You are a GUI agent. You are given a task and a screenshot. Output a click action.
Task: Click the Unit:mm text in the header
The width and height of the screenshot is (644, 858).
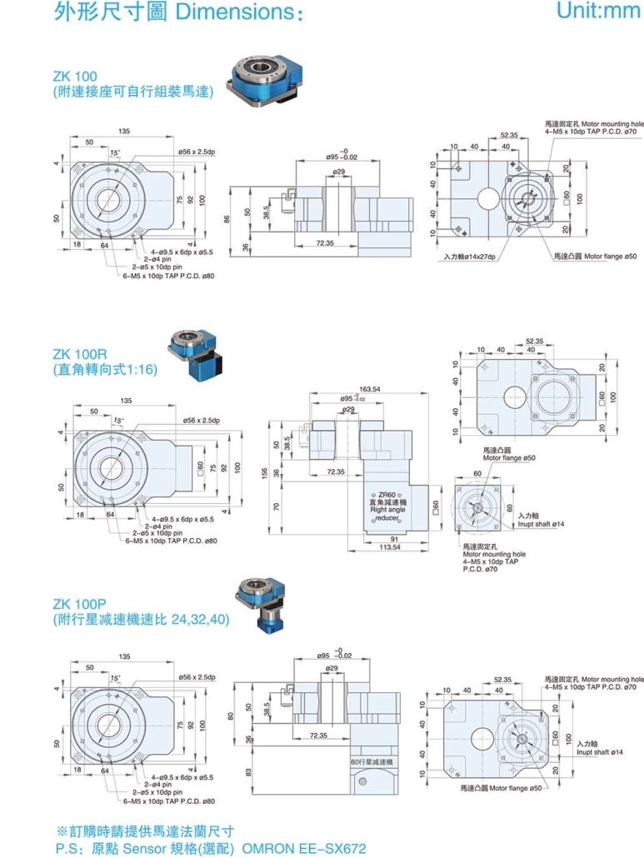pyautogui.click(x=596, y=11)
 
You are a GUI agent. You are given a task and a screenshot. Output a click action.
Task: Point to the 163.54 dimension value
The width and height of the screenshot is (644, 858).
pyautogui.click(x=369, y=389)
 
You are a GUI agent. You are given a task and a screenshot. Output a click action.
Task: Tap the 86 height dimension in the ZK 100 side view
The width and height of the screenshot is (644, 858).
pyautogui.click(x=227, y=219)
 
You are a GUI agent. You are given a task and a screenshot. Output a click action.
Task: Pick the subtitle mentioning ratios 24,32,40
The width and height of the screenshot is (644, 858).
pyautogui.click(x=141, y=620)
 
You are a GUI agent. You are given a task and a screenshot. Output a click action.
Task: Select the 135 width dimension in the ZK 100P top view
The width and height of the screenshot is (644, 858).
pyautogui.click(x=124, y=656)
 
